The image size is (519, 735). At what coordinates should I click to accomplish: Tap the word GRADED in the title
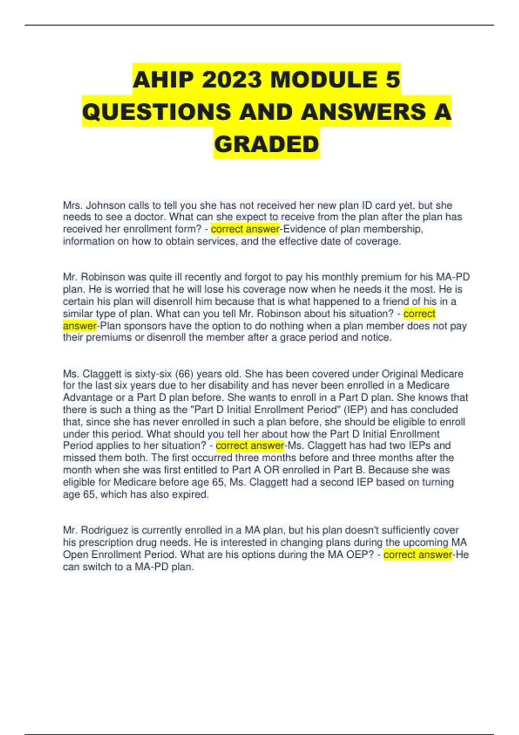tap(266, 144)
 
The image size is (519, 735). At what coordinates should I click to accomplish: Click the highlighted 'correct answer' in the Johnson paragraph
tap(245, 229)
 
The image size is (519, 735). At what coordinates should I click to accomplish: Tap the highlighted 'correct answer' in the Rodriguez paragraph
tap(418, 554)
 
